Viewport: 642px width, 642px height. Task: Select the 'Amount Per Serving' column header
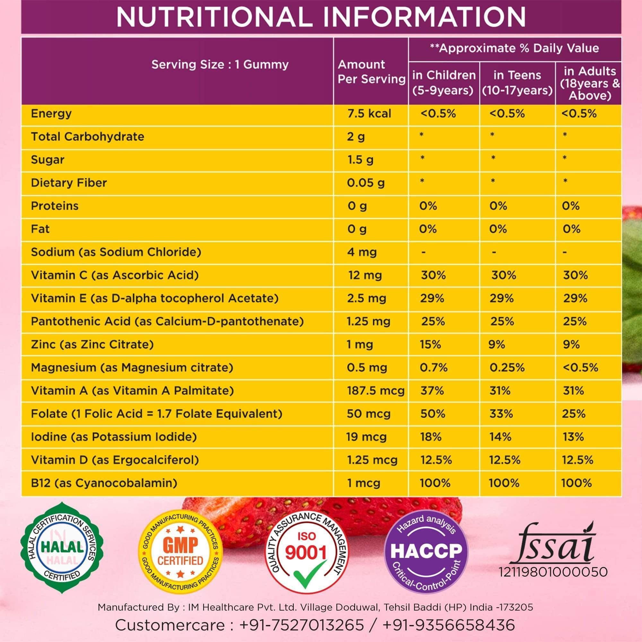coord(371,72)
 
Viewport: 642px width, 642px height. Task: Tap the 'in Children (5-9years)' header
coord(444,82)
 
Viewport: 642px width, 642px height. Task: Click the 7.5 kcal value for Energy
coord(369,114)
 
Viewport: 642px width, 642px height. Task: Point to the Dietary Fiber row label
coord(69,183)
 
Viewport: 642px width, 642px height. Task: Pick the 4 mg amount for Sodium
coord(361,252)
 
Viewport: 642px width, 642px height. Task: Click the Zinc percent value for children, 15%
coord(430,344)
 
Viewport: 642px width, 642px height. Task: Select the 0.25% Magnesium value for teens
coord(507,368)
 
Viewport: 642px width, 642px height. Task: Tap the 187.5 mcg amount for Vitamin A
coord(376,390)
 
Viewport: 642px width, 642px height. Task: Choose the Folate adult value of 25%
coord(574,414)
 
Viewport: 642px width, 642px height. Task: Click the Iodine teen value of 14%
coord(500,437)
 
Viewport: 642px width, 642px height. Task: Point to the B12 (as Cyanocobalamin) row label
coord(104,483)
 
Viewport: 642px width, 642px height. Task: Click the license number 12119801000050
coord(553,572)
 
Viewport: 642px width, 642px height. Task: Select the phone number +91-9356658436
coord(449,625)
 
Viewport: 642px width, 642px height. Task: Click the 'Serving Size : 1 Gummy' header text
coord(220,65)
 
